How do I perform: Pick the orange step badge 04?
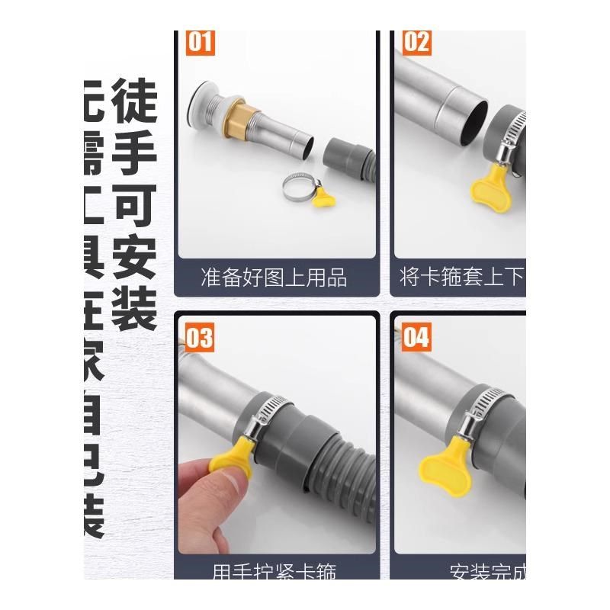pos(416,337)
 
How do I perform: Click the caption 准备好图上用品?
pos(274,277)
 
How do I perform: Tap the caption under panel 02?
pos(461,277)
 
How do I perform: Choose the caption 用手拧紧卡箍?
pos(274,570)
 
